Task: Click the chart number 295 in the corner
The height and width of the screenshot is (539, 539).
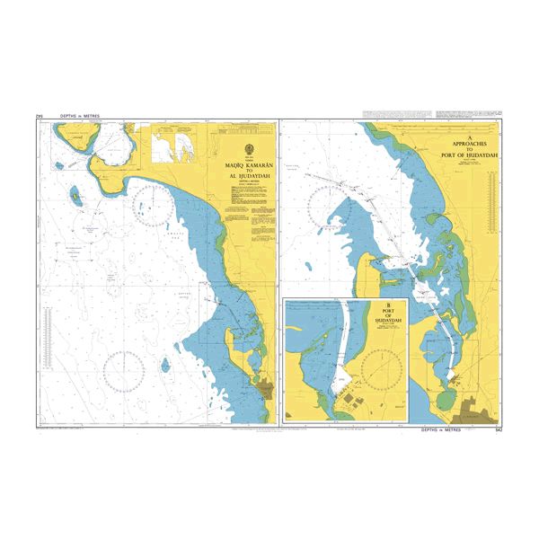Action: pyautogui.click(x=39, y=116)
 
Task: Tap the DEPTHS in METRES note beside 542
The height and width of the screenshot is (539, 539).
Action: pyautogui.click(x=445, y=431)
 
